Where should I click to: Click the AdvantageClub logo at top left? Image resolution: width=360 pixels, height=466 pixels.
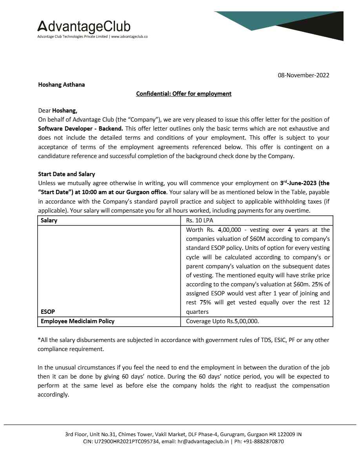[x=84, y=26]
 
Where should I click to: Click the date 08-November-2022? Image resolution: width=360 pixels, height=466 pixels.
[x=304, y=75]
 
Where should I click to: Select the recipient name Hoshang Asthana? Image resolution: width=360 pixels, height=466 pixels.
[x=61, y=84]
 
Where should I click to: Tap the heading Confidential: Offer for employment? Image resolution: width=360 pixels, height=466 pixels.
[x=184, y=94]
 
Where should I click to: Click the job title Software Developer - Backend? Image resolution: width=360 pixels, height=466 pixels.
[x=80, y=128]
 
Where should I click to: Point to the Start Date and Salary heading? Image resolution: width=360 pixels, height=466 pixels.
[x=66, y=174]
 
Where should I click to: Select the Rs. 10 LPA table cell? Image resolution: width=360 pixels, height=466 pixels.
[x=200, y=220]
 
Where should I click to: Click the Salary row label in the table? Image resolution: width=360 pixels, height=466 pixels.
[x=49, y=220]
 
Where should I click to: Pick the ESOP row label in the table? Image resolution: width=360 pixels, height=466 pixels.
[x=48, y=312]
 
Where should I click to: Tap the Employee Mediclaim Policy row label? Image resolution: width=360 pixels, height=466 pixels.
[x=78, y=321]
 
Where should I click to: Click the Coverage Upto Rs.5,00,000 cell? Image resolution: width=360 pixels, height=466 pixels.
[x=222, y=321]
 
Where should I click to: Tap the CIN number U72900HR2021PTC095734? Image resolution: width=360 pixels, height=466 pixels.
[x=126, y=441]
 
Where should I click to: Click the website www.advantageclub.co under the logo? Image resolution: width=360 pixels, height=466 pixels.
[x=129, y=36]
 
